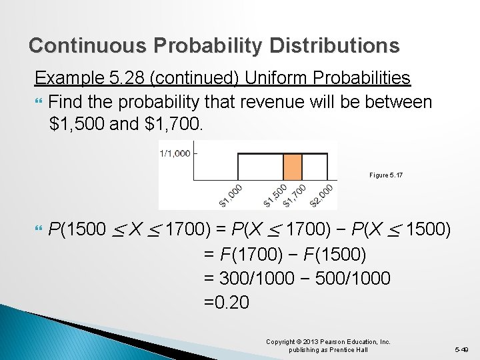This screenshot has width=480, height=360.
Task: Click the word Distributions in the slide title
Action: [x=335, y=45]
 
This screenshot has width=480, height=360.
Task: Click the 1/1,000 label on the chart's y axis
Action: [x=174, y=154]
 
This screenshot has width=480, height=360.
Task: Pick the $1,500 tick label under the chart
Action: [x=275, y=195]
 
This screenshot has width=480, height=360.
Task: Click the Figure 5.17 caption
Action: [x=386, y=175]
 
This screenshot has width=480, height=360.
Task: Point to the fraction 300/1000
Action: [x=253, y=278]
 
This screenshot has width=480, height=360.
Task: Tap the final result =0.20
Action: [x=227, y=302]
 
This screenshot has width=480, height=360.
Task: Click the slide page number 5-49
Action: [x=462, y=349]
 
